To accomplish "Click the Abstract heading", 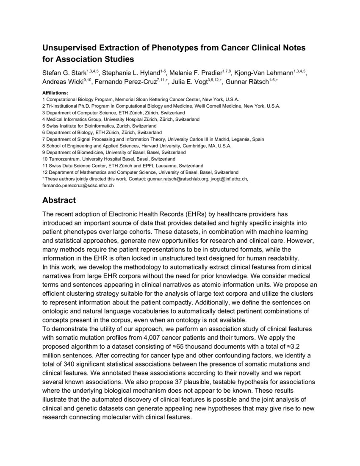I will click(x=59, y=200).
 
